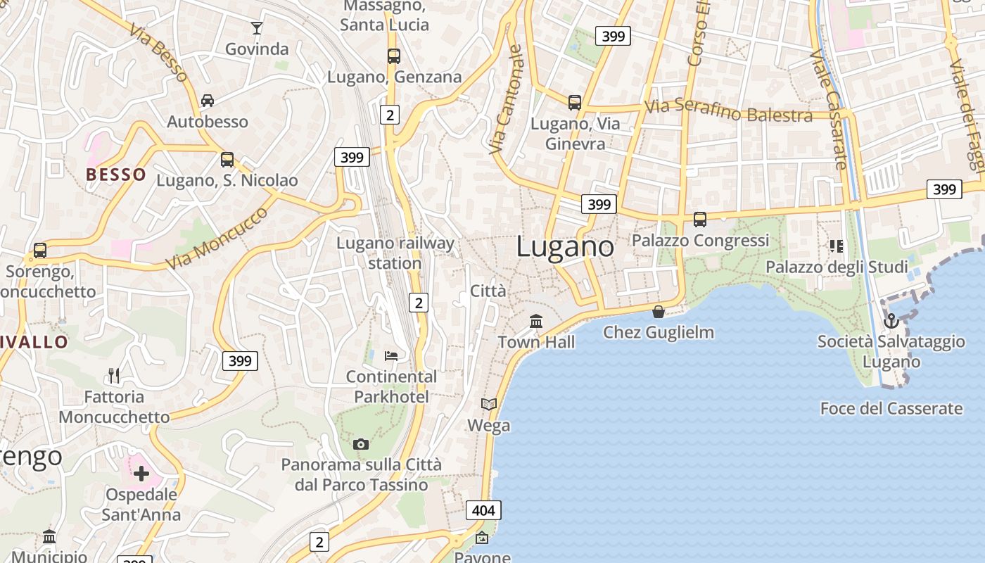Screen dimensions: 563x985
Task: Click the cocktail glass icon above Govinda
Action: coord(257,28)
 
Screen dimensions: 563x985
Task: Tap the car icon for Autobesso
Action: coord(208,101)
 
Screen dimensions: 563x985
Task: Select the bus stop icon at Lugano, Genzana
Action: coord(394,56)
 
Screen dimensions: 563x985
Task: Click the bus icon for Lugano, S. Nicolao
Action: coord(227,159)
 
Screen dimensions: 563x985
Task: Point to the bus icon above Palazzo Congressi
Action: coord(699,219)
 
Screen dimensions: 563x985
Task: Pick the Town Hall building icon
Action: coord(536,321)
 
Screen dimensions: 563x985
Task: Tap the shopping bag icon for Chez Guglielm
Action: coord(659,311)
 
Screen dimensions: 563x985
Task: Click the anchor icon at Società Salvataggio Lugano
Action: coord(891,320)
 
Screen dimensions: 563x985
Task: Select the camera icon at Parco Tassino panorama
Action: coord(361,444)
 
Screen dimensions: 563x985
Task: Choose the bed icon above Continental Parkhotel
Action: coord(391,355)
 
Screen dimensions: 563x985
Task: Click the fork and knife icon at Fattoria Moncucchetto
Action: coord(114,375)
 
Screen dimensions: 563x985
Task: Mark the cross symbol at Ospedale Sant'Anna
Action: coord(141,474)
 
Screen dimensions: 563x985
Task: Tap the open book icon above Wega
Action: coord(488,404)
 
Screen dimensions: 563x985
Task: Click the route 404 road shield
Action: coord(483,510)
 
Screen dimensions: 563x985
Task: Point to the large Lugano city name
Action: coord(565,246)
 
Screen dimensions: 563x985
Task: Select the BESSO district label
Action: coord(116,175)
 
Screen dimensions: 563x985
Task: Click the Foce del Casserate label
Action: coord(891,408)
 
